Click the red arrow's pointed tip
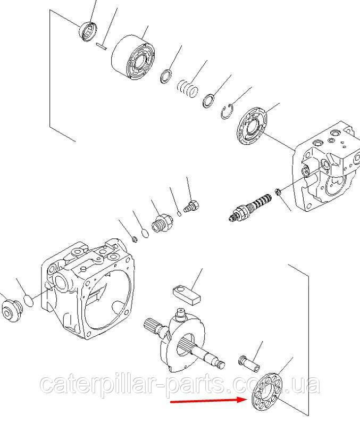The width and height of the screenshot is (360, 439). (x=246, y=400)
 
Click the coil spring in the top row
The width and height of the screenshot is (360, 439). (x=187, y=89)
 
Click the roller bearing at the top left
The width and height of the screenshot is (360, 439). (x=88, y=31)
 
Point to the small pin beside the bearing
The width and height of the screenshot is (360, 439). (x=101, y=46)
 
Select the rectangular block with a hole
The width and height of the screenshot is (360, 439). (x=187, y=294)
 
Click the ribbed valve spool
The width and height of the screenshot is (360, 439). (x=250, y=206)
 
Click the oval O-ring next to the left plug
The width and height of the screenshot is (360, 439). (x=28, y=301)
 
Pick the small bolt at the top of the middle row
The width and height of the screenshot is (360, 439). (x=191, y=206)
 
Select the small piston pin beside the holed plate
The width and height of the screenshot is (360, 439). (x=249, y=363)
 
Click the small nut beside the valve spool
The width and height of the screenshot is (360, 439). (x=278, y=192)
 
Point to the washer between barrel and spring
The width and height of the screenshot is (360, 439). (x=166, y=76)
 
